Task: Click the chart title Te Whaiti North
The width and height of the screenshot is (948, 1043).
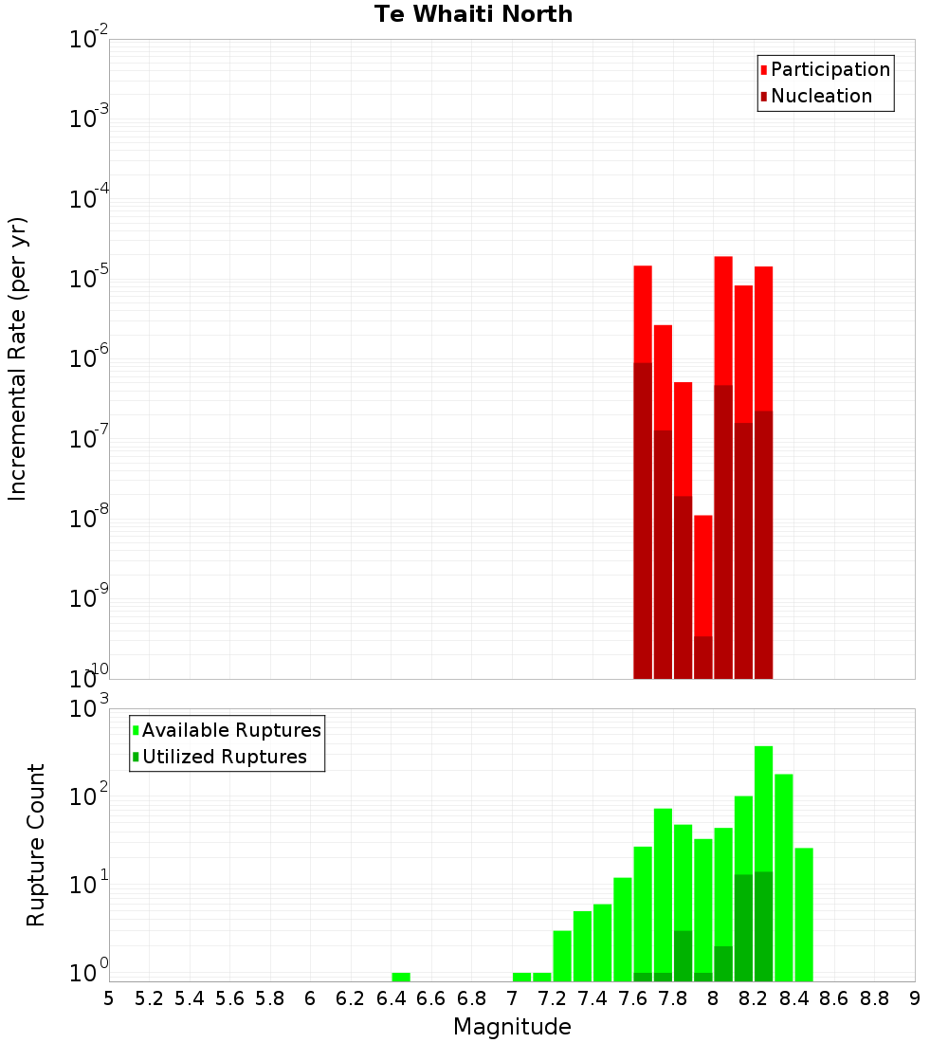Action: coord(473,14)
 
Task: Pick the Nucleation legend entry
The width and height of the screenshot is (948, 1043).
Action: coord(820,96)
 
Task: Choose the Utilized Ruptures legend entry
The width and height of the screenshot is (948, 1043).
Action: coord(224,757)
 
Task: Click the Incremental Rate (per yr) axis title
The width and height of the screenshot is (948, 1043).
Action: coord(18,358)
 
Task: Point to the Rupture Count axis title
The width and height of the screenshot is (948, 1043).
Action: coord(36,845)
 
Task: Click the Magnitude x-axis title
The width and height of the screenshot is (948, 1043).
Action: coord(512,1027)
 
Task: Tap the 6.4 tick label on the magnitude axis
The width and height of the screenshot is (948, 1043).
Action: coord(391,998)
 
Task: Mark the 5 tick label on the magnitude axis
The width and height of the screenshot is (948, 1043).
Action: coord(109,998)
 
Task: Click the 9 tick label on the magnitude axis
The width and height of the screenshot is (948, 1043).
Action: coord(915,998)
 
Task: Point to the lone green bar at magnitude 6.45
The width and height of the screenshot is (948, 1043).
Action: coord(401,977)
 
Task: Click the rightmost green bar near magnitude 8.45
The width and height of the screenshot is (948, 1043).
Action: coord(804,914)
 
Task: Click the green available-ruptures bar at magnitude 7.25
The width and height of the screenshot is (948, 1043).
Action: coord(562,956)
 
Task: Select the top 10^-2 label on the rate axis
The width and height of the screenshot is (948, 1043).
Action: coord(89,40)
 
